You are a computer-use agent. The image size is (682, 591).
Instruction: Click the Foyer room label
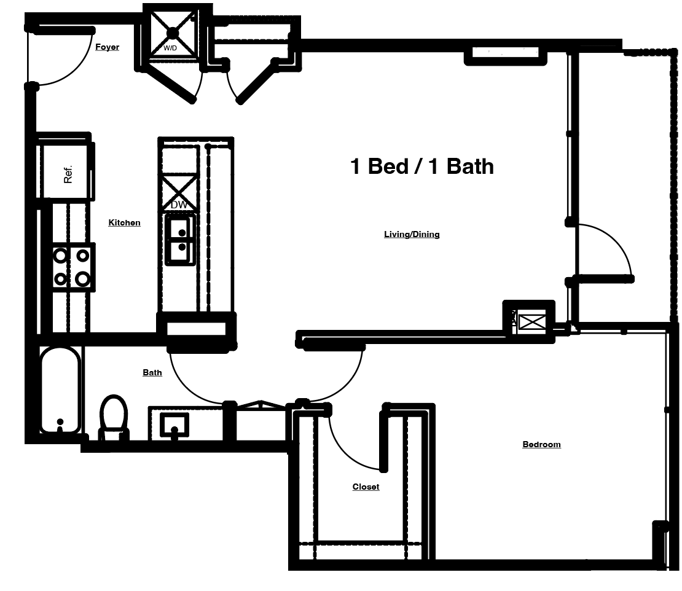click(x=107, y=47)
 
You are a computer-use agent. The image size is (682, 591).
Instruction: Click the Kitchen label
click(x=124, y=222)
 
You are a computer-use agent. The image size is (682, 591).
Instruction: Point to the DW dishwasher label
click(x=179, y=205)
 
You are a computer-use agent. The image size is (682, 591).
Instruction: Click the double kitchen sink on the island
click(x=180, y=240)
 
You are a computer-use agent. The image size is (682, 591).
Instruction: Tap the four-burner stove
click(x=71, y=267)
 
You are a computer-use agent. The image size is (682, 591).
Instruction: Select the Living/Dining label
click(x=412, y=234)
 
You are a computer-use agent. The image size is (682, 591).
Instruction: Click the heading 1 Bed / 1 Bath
click(x=421, y=166)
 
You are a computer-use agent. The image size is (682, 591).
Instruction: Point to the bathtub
click(x=60, y=389)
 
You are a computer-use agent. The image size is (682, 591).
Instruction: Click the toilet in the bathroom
click(x=114, y=416)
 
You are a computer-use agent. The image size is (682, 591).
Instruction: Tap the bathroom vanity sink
click(x=174, y=424)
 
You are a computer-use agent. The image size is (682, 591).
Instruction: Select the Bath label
click(x=152, y=372)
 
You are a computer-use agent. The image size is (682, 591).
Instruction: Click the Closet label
click(x=366, y=487)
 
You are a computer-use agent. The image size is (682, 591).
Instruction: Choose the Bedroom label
click(x=541, y=444)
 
